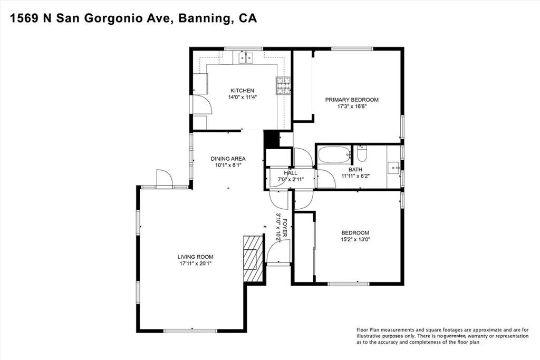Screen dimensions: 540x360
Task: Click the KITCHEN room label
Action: (x=243, y=91)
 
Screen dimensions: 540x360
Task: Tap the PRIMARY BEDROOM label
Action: (x=352, y=100)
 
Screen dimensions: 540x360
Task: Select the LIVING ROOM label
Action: (x=195, y=257)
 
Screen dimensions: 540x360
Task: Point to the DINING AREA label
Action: (x=228, y=159)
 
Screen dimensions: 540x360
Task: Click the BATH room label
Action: (x=355, y=169)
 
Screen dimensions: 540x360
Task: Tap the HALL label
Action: (x=291, y=173)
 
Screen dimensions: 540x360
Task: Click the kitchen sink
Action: (x=246, y=57)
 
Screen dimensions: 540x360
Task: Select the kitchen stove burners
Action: (x=284, y=86)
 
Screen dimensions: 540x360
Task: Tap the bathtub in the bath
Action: (x=334, y=155)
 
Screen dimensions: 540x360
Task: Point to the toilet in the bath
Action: (x=362, y=153)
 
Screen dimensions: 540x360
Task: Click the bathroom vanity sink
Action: (x=393, y=168)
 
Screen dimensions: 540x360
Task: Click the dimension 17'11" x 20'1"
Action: (x=195, y=264)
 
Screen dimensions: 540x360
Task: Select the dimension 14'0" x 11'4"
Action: (x=243, y=98)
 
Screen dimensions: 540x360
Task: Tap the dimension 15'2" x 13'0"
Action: (x=355, y=239)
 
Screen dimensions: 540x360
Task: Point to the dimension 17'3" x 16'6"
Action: (x=352, y=106)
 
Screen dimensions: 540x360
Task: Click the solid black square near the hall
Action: (x=272, y=139)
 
